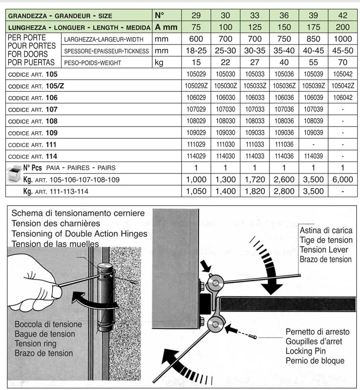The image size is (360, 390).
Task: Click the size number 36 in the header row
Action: (283, 16)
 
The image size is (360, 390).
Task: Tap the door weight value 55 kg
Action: (313, 63)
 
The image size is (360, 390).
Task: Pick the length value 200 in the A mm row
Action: (343, 27)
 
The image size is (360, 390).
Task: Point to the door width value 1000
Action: (343, 39)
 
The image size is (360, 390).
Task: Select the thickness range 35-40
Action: (283, 51)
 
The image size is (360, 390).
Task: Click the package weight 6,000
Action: (343, 180)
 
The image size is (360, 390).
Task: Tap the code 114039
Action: (313, 156)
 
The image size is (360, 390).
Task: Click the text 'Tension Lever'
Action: (324, 250)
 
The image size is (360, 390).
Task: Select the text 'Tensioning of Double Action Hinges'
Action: (79, 234)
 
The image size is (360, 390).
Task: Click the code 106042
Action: (343, 98)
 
